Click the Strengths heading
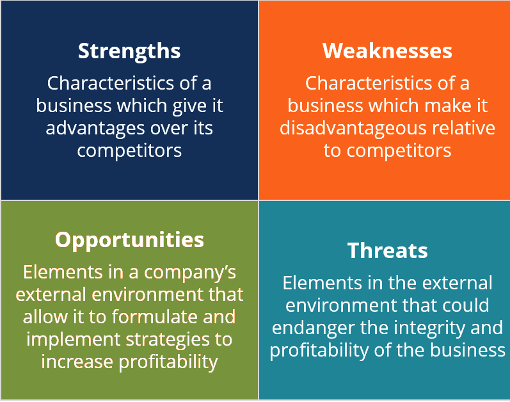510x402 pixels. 129,51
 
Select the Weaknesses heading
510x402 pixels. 387,51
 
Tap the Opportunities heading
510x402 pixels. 129,239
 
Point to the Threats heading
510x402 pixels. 387,250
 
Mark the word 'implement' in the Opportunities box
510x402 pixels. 71,339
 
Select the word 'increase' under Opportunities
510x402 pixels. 78,362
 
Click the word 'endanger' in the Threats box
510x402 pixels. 312,328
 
